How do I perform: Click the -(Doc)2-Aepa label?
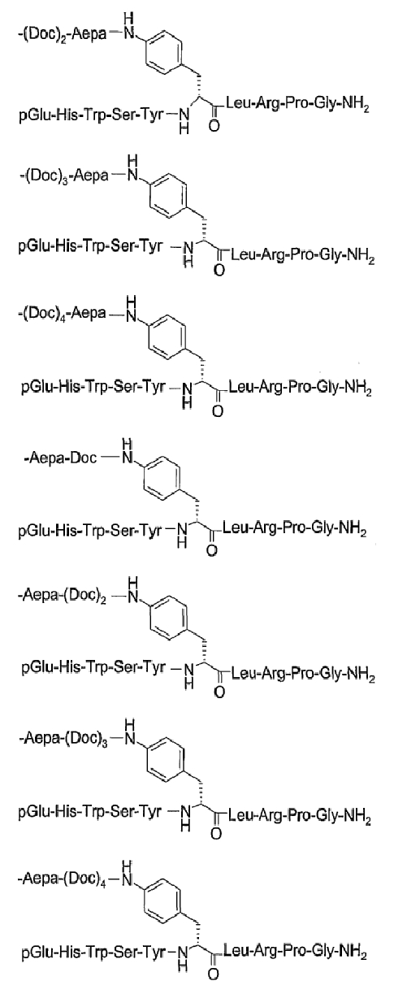click(63, 34)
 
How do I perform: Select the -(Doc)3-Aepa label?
click(64, 176)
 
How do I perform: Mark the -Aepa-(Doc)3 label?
click(63, 738)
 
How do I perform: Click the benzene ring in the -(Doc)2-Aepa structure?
click(164, 54)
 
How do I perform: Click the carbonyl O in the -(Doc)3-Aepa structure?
click(219, 270)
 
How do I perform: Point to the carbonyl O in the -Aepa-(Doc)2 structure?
click(219, 692)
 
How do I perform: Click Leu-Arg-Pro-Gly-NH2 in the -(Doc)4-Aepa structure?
click(300, 388)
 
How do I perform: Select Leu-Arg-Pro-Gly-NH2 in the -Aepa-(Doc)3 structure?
click(300, 815)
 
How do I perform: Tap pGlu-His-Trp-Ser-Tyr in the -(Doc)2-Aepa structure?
click(91, 115)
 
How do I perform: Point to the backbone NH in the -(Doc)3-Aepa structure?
click(188, 255)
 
